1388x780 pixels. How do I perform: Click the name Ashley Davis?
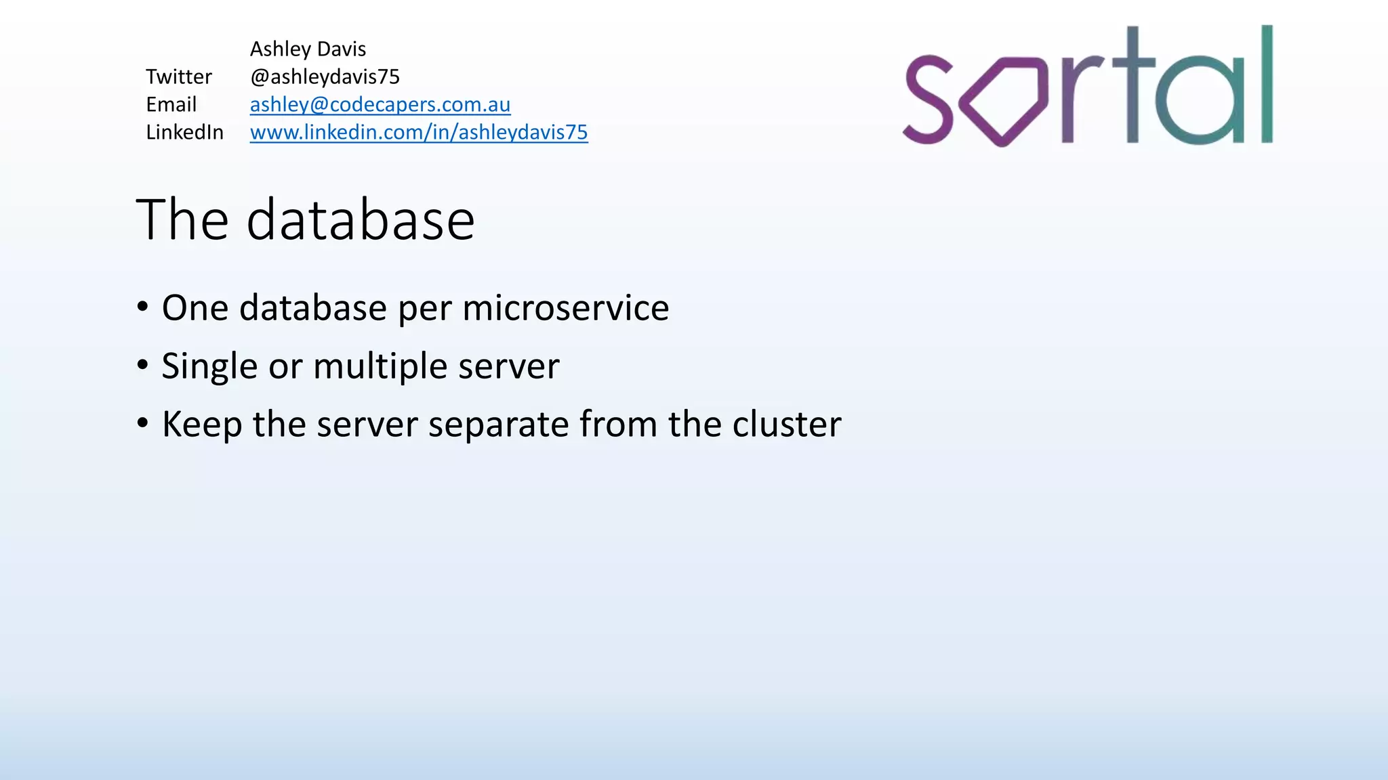[308, 49]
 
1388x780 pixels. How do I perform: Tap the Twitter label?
[179, 77]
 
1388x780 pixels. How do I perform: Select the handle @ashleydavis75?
[325, 77]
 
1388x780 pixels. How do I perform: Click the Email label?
[171, 104]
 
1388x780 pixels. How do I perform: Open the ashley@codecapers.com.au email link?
[380, 104]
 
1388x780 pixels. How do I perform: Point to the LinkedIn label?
[184, 132]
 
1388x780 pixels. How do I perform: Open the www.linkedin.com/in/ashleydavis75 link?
[419, 132]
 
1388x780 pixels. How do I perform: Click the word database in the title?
[360, 219]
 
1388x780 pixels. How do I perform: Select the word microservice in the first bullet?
[566, 308]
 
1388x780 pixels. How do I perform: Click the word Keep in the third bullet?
[202, 425]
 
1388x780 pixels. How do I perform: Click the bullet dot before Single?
[142, 365]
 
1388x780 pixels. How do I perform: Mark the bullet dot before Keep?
[142, 423]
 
